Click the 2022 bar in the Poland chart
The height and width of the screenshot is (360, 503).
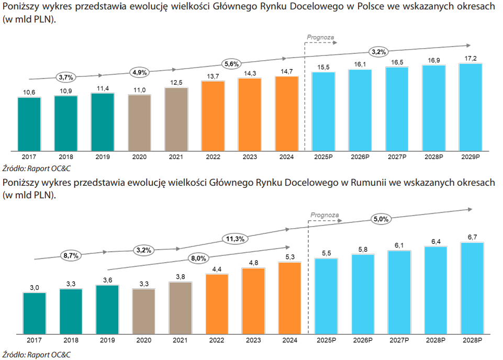tap(213, 115)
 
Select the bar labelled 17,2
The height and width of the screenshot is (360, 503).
tap(471, 107)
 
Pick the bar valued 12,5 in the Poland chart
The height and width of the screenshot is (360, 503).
tap(176, 119)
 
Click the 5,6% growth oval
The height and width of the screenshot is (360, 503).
tap(231, 64)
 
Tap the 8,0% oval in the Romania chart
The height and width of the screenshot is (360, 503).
tap(198, 258)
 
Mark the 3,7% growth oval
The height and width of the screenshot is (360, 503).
tap(66, 77)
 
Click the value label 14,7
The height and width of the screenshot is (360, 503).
tap(287, 71)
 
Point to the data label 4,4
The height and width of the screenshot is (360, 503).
tap(217, 269)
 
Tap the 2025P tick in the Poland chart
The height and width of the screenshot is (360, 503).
tap(323, 156)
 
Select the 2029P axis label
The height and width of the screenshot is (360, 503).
tap(471, 156)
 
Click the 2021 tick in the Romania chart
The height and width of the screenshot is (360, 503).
tap(180, 340)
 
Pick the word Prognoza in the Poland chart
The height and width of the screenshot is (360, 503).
tap(320, 38)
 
